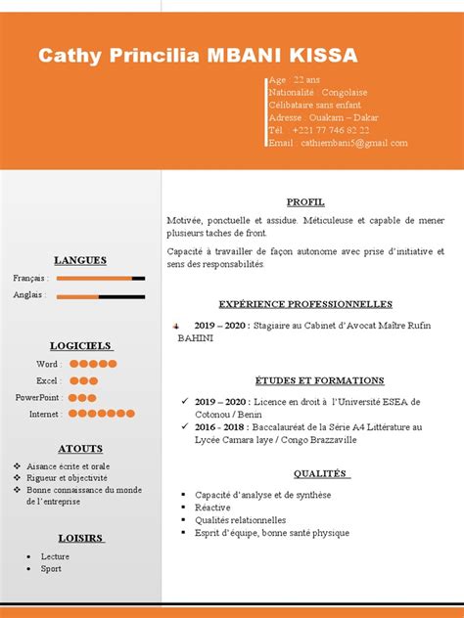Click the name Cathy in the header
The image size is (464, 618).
(70, 56)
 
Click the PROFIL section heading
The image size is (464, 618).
(305, 201)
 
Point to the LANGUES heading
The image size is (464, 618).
(80, 260)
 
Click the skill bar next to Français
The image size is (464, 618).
(101, 279)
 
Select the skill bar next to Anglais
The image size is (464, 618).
(101, 295)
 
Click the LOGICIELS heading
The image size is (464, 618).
(80, 345)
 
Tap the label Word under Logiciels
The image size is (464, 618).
(47, 364)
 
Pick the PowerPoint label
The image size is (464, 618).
(38, 397)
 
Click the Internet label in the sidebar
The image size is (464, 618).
(44, 414)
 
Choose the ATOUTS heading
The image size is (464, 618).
(80, 449)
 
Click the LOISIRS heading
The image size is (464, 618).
(80, 538)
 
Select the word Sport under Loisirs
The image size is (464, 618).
(51, 568)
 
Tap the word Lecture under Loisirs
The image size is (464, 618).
(55, 555)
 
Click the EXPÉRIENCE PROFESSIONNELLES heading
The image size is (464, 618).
(305, 304)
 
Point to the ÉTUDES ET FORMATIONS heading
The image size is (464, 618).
(305, 380)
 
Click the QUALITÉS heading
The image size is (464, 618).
(305, 473)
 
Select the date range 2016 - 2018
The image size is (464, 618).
(220, 427)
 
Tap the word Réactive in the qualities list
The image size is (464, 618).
(212, 508)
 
